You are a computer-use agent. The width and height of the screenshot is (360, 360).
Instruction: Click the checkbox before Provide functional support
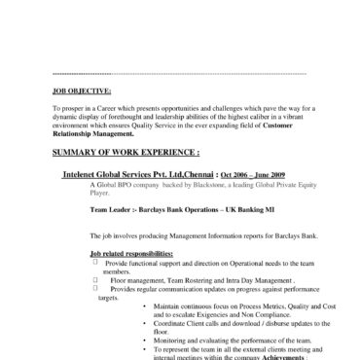pos(94,262)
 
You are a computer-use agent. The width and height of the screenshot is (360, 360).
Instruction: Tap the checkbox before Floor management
pos(94,278)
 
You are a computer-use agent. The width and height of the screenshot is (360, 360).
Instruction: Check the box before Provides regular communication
pos(94,288)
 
